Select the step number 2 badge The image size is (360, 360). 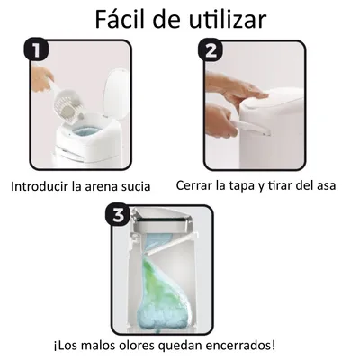(x=211, y=51)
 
